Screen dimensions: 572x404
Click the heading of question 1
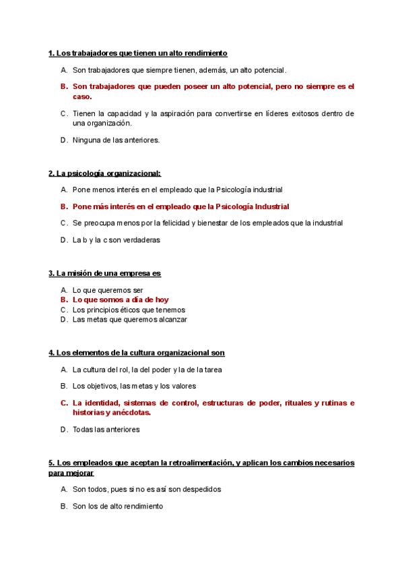[138, 53]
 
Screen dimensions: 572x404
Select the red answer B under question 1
[213, 87]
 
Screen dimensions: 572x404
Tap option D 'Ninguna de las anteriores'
[116, 140]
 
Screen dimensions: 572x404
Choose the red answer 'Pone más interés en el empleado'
[180, 206]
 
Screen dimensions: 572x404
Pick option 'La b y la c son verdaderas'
[116, 239]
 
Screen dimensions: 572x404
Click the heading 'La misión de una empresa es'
[104, 273]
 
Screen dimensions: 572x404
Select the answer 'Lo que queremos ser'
[108, 290]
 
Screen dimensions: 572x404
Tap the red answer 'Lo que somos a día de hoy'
[121, 299]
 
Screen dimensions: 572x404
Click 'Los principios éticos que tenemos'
[129, 310]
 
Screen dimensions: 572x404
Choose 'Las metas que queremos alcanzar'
[129, 320]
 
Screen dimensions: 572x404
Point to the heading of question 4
[137, 353]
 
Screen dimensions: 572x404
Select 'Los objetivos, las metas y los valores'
[134, 386]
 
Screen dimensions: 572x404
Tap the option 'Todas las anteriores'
[106, 429]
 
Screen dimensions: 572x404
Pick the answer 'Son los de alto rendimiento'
[117, 506]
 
